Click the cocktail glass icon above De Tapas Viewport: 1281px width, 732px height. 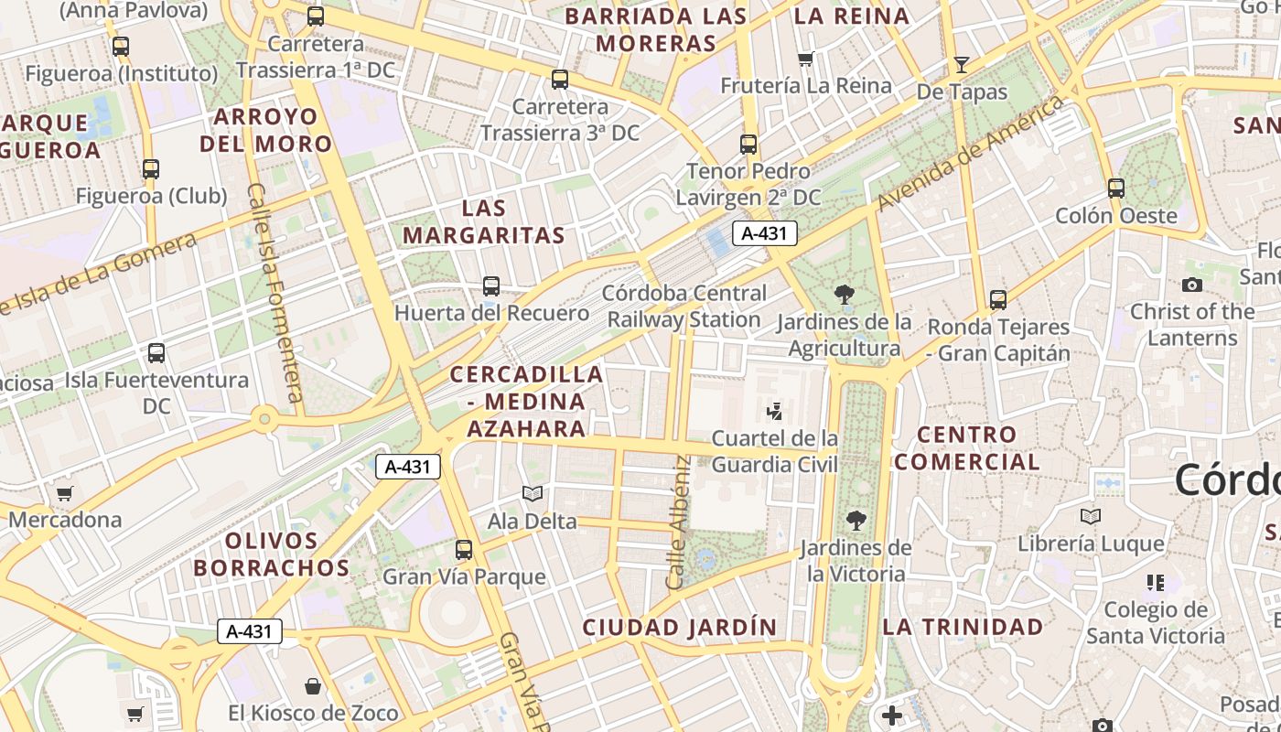(961, 64)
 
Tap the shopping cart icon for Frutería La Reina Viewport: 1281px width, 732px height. (805, 59)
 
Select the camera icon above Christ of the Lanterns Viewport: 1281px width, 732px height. (1191, 285)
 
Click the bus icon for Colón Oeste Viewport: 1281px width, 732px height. (1115, 188)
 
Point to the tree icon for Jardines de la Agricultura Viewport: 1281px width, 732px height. (844, 295)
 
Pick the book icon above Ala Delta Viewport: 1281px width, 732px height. (532, 494)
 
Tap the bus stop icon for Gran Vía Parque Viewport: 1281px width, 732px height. (464, 550)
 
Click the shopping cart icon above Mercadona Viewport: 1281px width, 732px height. (64, 494)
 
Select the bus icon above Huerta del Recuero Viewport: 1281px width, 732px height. (491, 286)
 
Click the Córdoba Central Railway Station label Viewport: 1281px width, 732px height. (684, 307)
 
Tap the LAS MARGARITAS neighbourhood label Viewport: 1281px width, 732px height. (484, 221)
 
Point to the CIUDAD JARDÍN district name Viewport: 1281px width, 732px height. (680, 628)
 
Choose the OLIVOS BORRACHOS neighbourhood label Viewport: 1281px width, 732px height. (271, 554)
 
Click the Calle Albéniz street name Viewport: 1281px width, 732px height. (678, 522)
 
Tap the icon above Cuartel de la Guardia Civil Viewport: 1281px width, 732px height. (774, 412)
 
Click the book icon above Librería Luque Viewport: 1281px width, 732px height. (1090, 517)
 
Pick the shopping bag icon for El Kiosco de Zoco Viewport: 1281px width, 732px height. (313, 686)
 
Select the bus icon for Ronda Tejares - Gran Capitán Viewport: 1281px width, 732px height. (997, 300)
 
